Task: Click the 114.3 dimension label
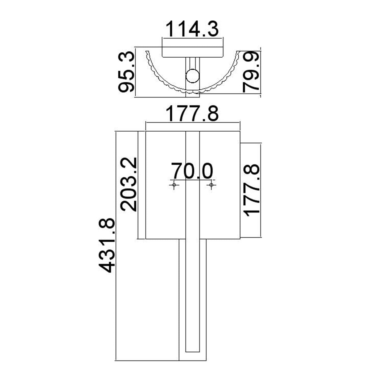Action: pos(192,29)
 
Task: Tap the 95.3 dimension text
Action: pos(126,72)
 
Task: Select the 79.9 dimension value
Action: pos(250,72)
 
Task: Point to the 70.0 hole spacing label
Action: pos(192,170)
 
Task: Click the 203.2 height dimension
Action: pos(128,184)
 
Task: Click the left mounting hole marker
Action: pos(174,185)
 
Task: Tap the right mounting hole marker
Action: pos(211,185)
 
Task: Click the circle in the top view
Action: pos(192,76)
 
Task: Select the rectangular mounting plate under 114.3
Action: pos(192,52)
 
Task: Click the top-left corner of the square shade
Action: pos(146,131)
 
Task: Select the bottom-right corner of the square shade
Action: pos(240,239)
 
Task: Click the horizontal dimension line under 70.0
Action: pos(192,179)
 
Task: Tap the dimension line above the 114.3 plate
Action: pos(192,38)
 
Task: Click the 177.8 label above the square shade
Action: pos(192,113)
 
